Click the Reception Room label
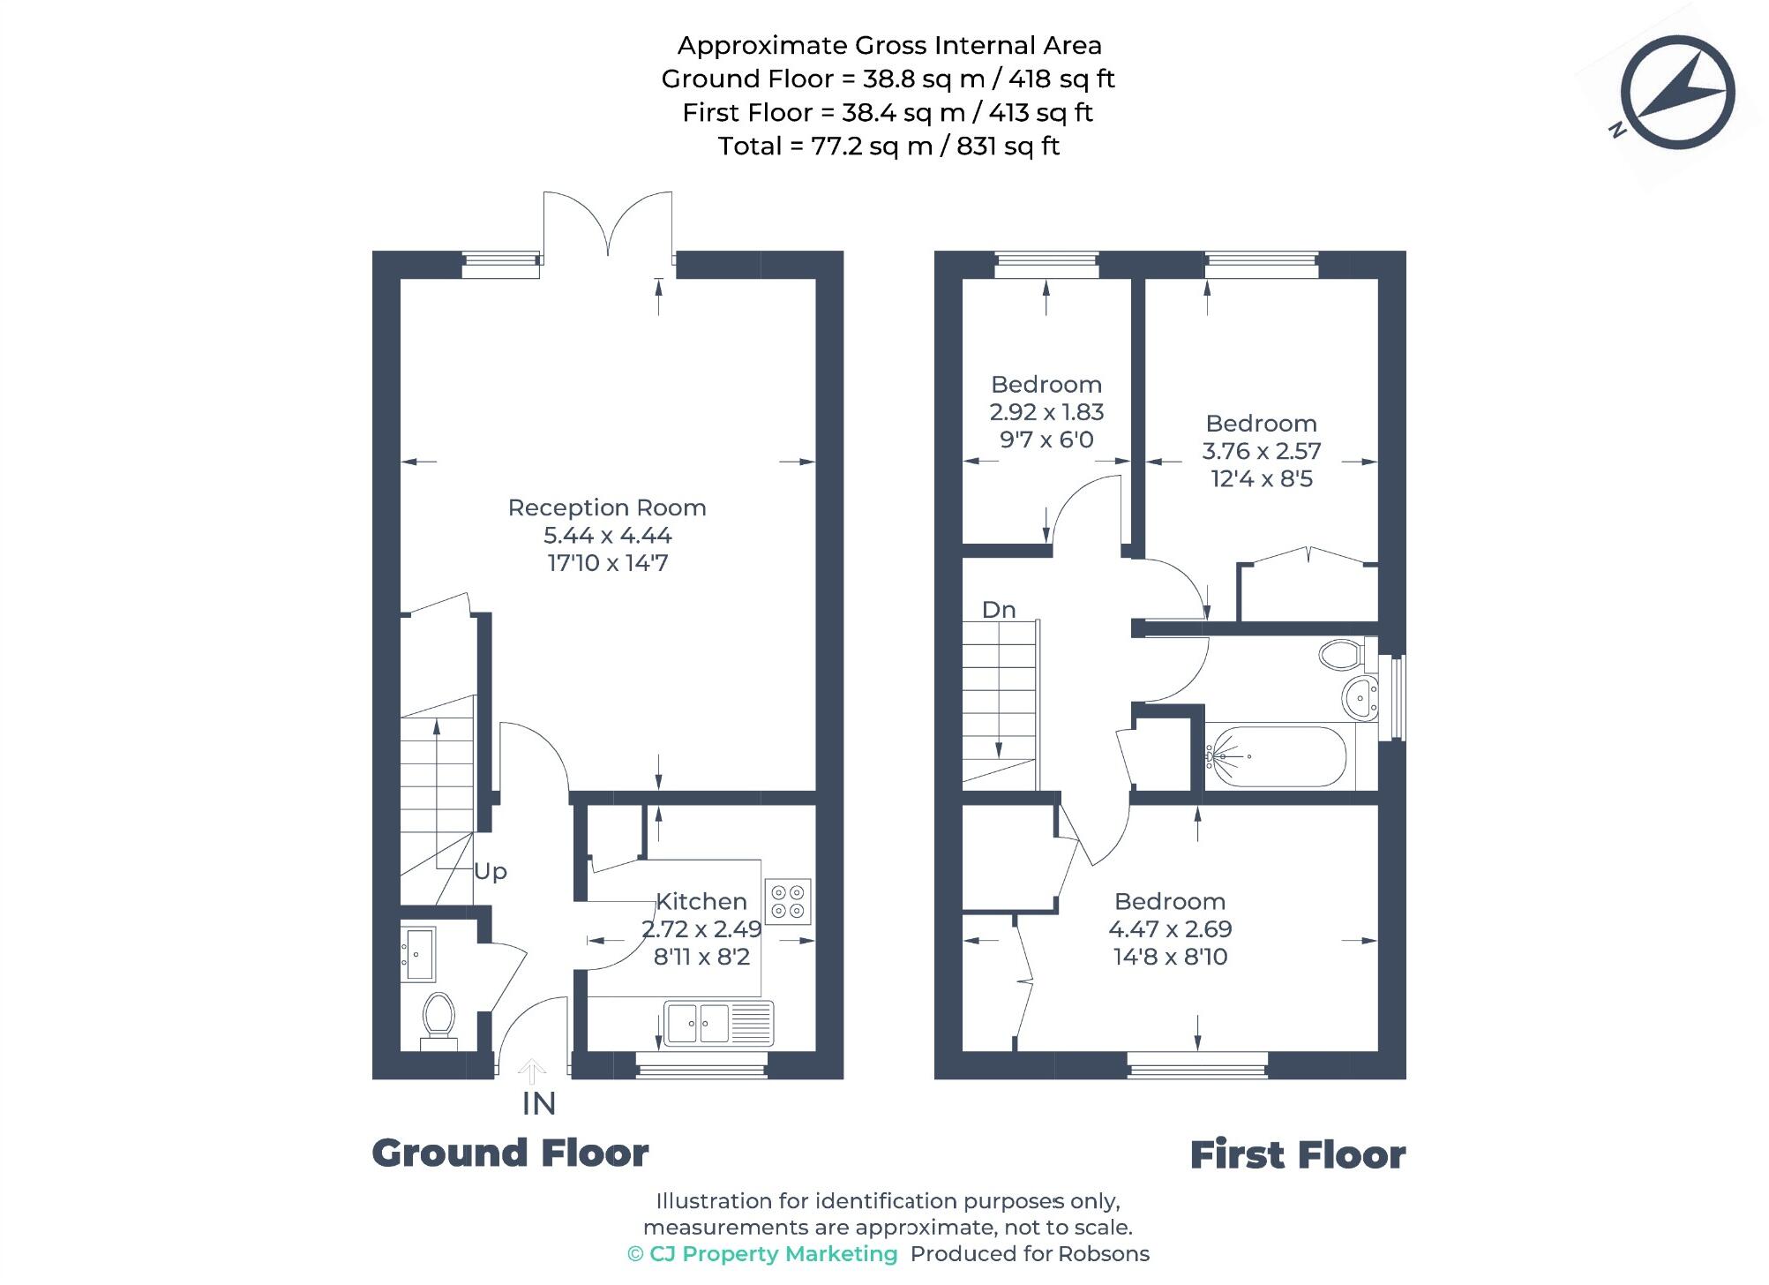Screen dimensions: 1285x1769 tap(607, 507)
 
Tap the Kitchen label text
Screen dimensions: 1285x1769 tap(701, 901)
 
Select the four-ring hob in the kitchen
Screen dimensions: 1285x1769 tap(788, 901)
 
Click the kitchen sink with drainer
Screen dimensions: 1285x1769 tap(718, 1023)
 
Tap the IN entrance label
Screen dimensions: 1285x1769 tap(538, 1103)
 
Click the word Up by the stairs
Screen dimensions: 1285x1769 tap(491, 871)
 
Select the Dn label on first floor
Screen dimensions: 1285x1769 tap(999, 610)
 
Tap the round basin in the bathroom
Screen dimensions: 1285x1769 tap(1360, 699)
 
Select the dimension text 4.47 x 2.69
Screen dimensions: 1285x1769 tap(1170, 929)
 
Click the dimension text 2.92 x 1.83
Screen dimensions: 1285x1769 tap(1046, 412)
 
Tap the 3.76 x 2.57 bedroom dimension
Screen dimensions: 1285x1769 tap(1261, 451)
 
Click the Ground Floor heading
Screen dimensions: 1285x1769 tap(510, 1153)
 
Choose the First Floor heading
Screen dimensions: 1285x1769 tap(1297, 1155)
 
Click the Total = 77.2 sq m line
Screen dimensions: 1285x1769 tap(888, 147)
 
